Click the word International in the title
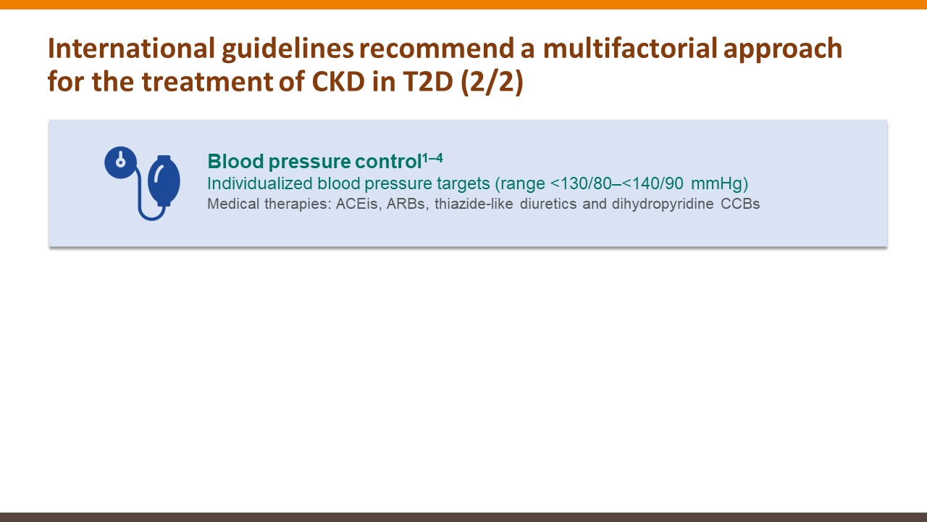(x=131, y=48)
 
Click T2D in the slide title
(x=428, y=81)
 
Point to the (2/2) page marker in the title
(x=492, y=82)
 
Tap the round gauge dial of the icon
(x=120, y=162)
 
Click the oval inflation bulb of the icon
(x=164, y=181)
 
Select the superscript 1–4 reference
(x=432, y=158)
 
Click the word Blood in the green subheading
(x=235, y=161)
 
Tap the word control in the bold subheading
(x=388, y=161)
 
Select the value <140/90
(x=653, y=183)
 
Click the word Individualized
(x=260, y=183)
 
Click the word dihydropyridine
(x=663, y=204)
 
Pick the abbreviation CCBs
(x=740, y=204)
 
